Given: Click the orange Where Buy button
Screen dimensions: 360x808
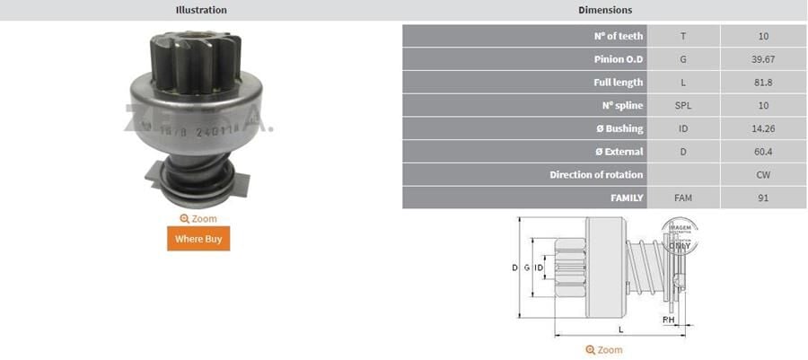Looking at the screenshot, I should coord(198,239).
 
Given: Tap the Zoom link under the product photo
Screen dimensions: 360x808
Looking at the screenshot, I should coord(198,218).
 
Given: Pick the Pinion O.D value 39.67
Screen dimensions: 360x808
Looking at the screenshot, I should coord(763,59).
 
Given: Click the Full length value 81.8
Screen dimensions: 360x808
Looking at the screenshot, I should coord(763,83).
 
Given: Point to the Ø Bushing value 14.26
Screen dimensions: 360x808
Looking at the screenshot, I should coord(763,128).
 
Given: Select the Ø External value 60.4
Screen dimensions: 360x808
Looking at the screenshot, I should coord(763,152).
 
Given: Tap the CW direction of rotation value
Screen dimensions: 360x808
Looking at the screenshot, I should coord(763,175).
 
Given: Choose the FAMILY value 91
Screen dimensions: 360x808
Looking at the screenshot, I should coord(763,198).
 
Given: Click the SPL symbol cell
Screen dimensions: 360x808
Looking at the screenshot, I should coord(683,106).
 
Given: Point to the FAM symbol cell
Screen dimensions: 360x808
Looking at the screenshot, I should coord(683,198).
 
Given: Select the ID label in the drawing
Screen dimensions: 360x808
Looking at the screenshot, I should coord(539,268).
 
